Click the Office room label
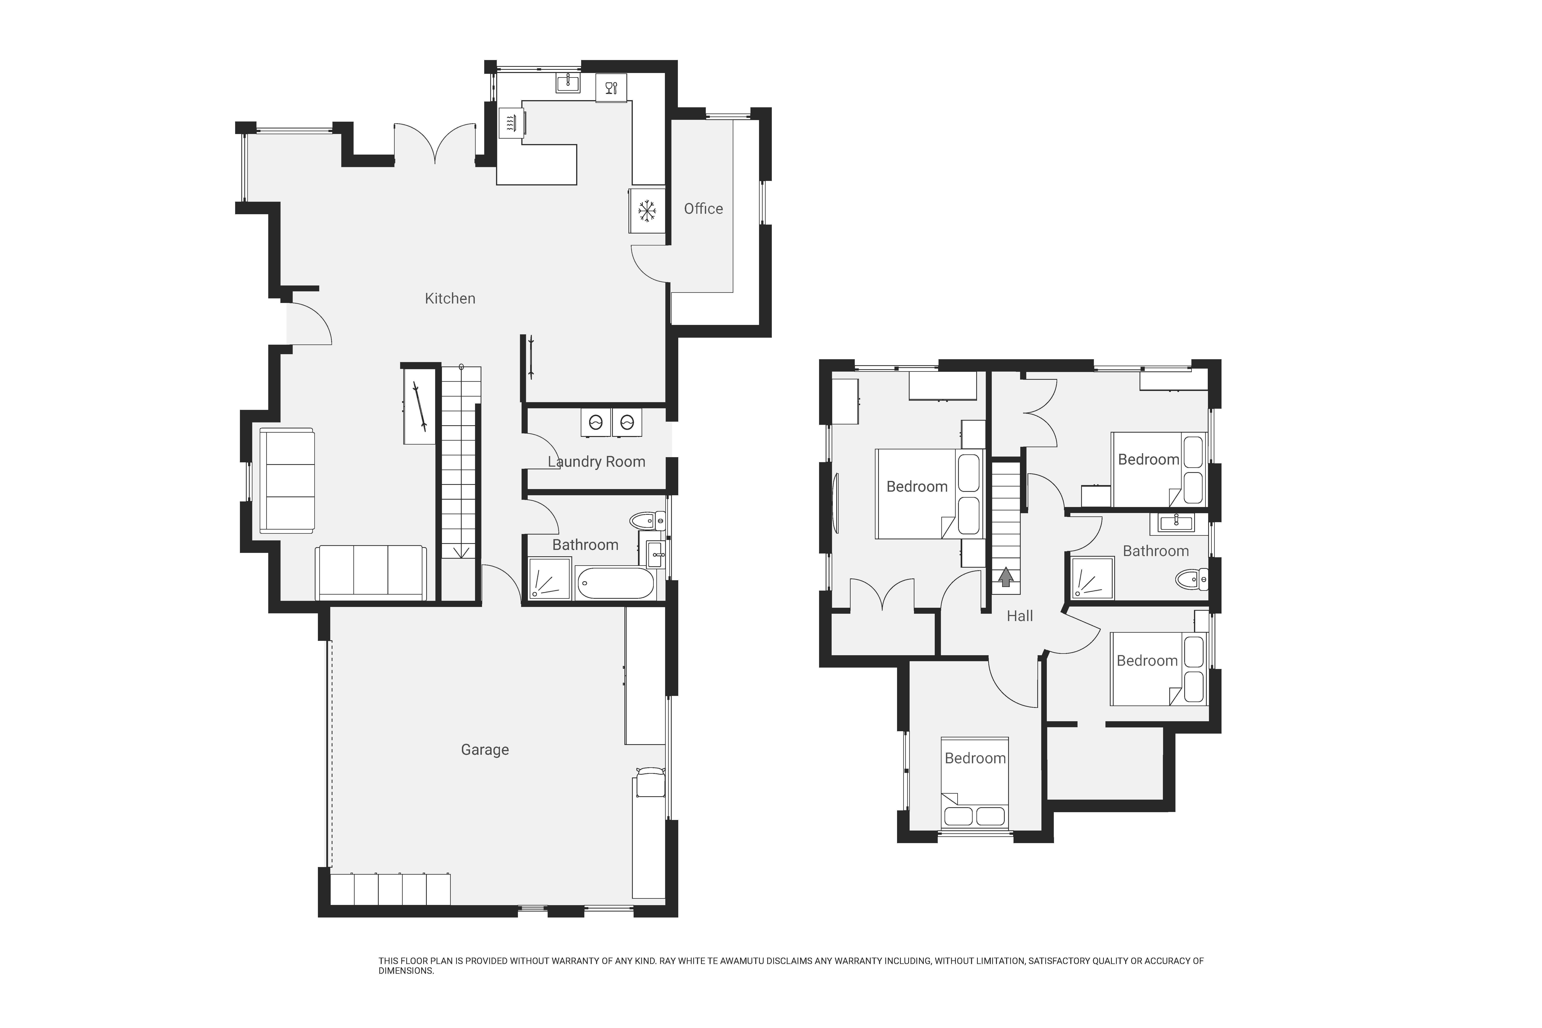[703, 208]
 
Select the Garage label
[485, 749]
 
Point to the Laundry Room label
[596, 462]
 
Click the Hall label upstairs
[1020, 616]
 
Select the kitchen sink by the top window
[568, 83]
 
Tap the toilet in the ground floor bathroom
[648, 521]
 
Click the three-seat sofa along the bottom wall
[371, 572]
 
